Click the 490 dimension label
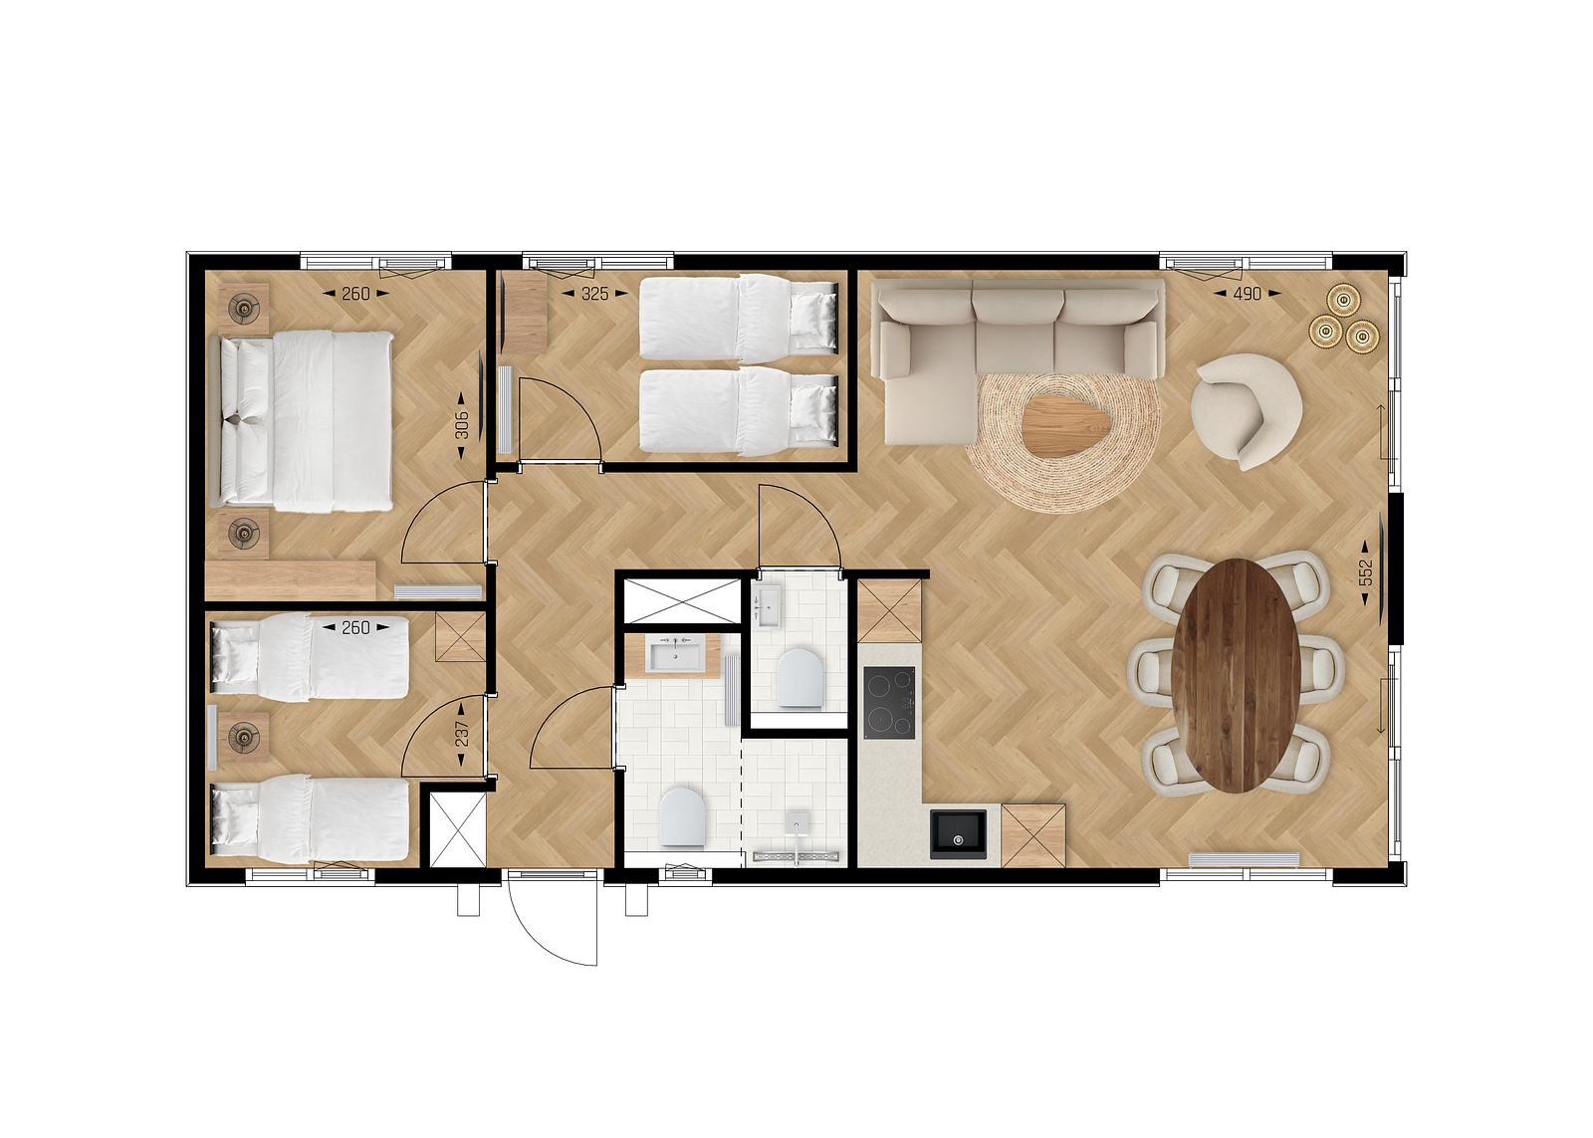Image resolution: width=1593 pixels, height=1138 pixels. click(1248, 293)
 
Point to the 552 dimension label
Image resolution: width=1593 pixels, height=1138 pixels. click(1365, 572)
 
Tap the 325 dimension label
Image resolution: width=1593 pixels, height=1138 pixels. click(595, 293)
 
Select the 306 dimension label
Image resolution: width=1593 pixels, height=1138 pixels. click(462, 424)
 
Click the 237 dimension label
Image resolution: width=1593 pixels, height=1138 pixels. click(462, 734)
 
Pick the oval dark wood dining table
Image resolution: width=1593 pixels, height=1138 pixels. click(1236, 676)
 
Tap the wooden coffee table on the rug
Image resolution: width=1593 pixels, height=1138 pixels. click(1067, 425)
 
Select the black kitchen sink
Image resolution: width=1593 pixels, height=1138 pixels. click(958, 835)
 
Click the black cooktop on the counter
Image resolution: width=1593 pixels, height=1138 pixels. click(889, 702)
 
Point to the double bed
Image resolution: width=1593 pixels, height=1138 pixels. click(306, 421)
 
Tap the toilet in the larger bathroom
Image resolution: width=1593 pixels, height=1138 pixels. click(682, 816)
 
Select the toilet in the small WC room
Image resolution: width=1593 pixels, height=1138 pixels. click(800, 677)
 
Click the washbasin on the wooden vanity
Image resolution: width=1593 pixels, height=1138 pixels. click(673, 654)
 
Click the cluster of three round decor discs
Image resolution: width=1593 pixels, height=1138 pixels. click(1344, 319)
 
